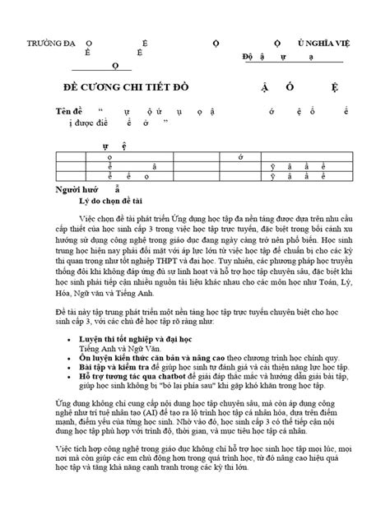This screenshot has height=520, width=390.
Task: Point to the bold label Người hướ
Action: pos(48,188)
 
